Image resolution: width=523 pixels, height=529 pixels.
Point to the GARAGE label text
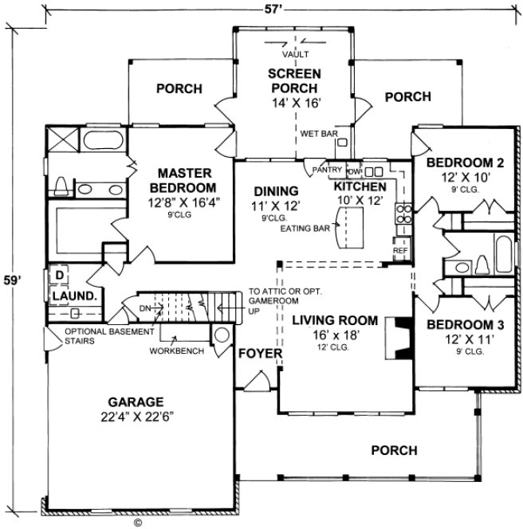click(137, 402)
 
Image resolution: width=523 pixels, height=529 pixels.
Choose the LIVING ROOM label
click(333, 320)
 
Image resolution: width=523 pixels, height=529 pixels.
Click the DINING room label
click(277, 191)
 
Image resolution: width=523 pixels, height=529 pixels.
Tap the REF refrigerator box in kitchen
click(400, 251)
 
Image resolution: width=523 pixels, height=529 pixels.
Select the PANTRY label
click(327, 169)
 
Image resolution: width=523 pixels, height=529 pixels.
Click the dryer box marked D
click(58, 275)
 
